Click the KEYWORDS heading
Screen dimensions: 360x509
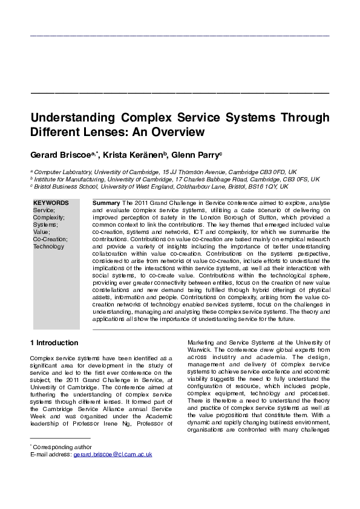[51, 203]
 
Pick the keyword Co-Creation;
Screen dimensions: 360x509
[50, 239]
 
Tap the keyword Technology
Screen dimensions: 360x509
[48, 247]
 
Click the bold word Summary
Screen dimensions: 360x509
[106, 203]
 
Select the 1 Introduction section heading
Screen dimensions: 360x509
[54, 343]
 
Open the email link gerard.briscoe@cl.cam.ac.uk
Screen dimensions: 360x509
[113, 471]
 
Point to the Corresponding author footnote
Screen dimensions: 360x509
[57, 463]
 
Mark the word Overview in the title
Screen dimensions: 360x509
[175, 131]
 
